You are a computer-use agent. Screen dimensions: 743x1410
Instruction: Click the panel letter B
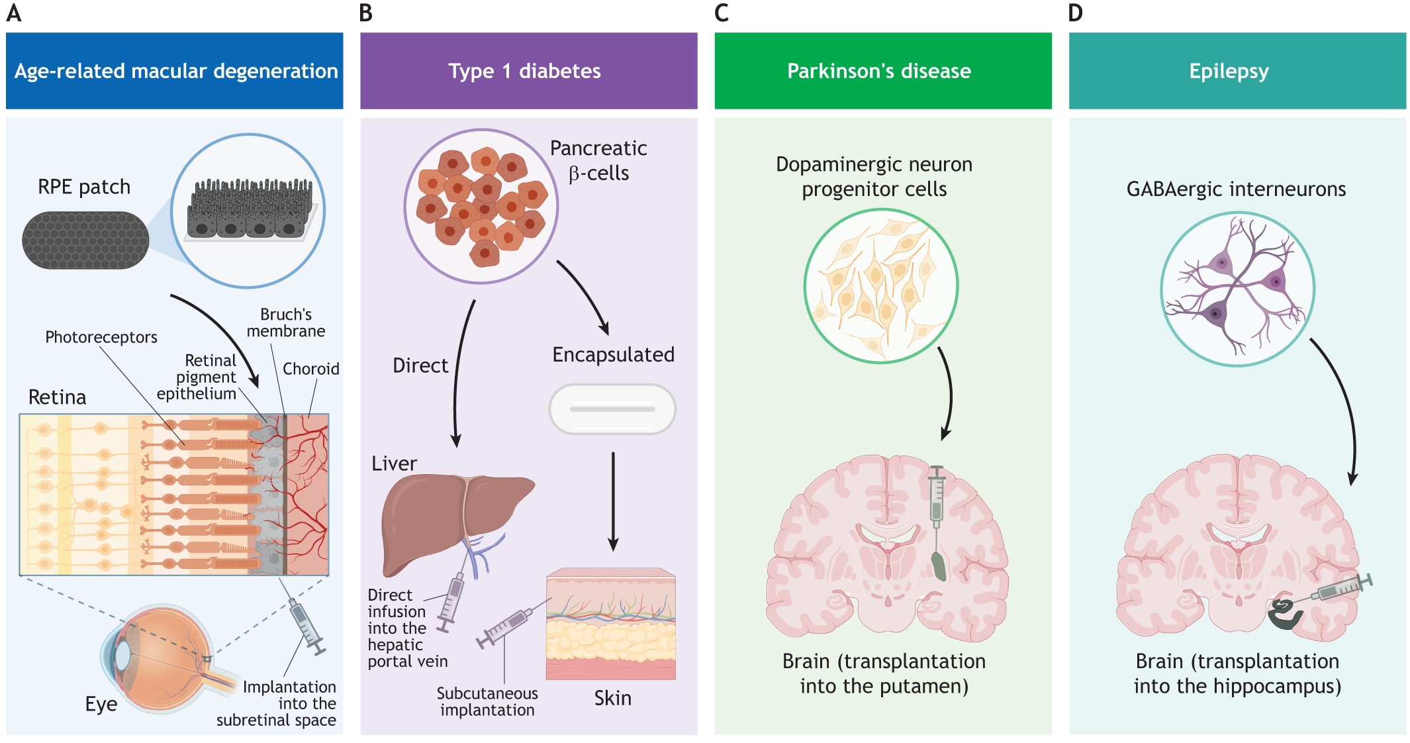click(366, 13)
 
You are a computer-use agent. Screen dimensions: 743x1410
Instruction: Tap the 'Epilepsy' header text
click(1229, 71)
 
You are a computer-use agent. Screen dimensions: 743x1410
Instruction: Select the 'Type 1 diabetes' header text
click(524, 71)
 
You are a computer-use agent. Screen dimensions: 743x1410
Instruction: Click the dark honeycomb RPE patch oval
click(85, 240)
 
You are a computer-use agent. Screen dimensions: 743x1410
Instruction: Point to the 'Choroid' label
click(310, 369)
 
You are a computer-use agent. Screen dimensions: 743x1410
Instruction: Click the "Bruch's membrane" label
click(286, 322)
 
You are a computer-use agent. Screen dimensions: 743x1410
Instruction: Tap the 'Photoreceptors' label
click(101, 337)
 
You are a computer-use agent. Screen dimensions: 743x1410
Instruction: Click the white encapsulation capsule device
click(612, 409)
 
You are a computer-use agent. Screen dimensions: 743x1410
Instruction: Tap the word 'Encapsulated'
click(613, 355)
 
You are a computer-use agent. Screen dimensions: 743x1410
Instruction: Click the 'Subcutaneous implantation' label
click(487, 702)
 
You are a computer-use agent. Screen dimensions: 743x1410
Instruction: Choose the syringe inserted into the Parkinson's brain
click(936, 500)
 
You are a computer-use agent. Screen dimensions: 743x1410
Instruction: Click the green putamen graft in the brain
click(939, 566)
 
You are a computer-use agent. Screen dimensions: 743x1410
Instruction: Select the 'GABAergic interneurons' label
click(1236, 189)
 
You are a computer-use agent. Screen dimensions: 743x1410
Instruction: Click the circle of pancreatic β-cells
click(481, 207)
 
